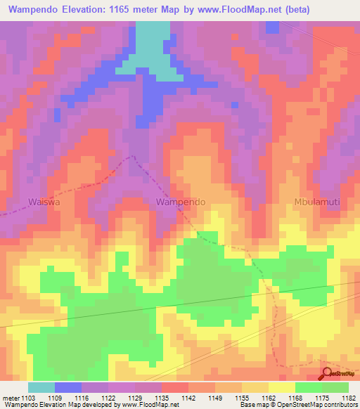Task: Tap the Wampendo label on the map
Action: [x=181, y=202]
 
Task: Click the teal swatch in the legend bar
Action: [x=41, y=387]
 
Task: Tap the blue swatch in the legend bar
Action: [x=68, y=387]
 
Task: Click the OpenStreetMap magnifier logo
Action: [x=327, y=373]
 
